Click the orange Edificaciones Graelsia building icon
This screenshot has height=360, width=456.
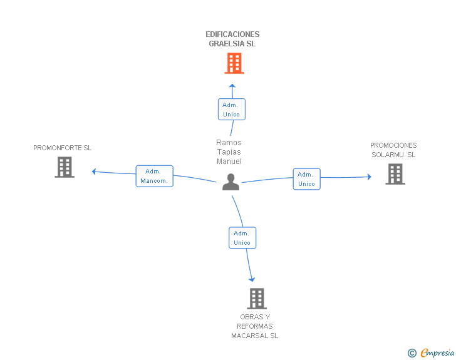coord(234,63)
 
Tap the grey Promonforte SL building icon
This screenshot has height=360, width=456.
coord(65,167)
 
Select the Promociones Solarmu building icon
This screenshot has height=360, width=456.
coord(395,174)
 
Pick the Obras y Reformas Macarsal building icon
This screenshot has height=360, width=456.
coord(257,299)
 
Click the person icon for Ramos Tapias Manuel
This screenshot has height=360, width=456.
coord(231,182)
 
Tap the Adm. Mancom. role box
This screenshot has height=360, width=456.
coord(154,176)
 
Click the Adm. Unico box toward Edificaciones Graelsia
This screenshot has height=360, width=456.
coord(231,110)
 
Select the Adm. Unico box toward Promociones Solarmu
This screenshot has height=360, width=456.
coord(306,179)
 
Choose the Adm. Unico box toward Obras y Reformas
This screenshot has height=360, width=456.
coord(242,238)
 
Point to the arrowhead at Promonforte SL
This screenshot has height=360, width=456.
coord(94,172)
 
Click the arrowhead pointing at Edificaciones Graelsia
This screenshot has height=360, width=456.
coord(232,86)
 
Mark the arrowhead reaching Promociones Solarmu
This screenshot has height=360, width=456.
coord(369,177)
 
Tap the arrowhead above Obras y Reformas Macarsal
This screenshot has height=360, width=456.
coord(252,279)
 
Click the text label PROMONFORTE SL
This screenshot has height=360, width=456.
coord(63,148)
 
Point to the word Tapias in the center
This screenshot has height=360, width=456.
coord(229,152)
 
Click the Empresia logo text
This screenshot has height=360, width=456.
coord(437,353)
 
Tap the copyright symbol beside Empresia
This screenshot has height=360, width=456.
coord(412,354)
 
